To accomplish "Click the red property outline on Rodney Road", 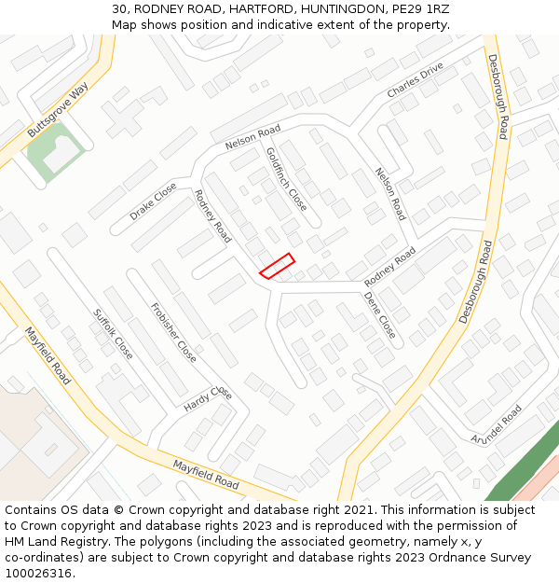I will click(277, 266).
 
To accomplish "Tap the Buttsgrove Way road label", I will click(58, 110).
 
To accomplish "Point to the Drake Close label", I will click(153, 201).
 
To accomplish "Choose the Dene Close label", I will click(380, 315).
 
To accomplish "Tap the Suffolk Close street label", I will click(113, 335).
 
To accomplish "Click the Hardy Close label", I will click(207, 398).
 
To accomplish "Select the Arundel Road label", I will click(497, 424).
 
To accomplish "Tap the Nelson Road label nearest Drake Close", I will click(252, 137).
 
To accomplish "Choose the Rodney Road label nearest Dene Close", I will click(389, 268).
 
